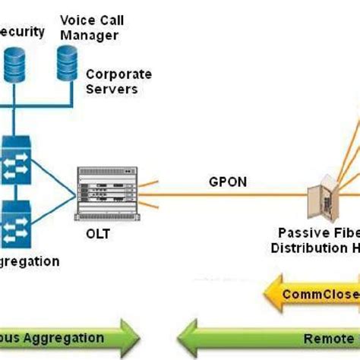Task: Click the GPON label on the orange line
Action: pos(225,182)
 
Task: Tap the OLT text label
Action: pos(97,234)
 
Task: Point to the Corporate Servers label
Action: pos(118,81)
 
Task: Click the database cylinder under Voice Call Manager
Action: pos(67,63)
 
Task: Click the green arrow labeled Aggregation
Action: pos(68,337)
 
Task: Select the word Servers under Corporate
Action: pos(111,88)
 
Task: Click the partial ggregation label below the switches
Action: pos(30,261)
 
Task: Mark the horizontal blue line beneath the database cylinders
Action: pos(38,99)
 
